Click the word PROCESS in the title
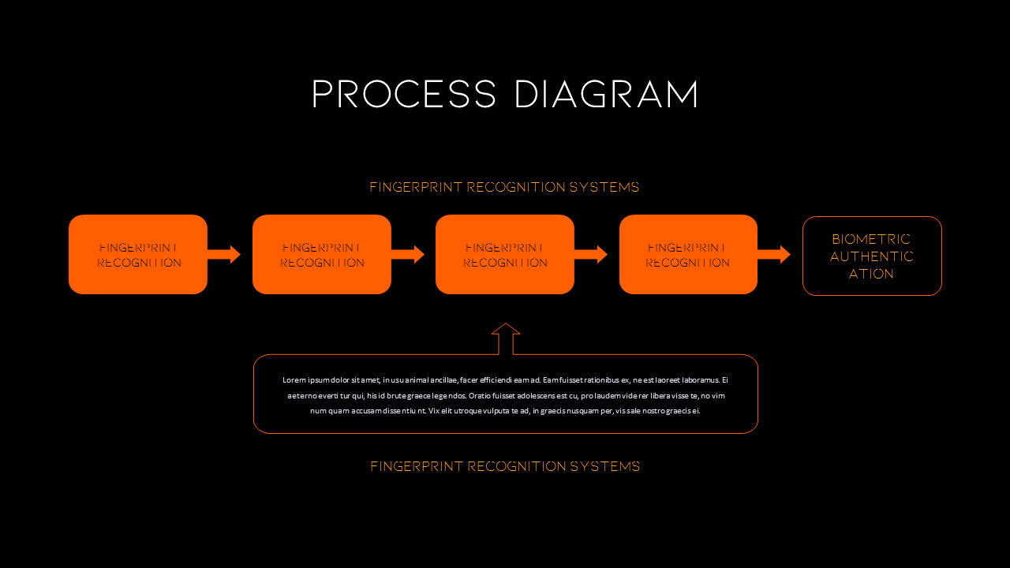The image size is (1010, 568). [403, 95]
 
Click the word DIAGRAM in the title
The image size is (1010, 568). [606, 95]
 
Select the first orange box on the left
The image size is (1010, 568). [138, 254]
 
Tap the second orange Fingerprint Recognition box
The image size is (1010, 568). [322, 254]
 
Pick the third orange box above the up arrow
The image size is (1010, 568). [505, 254]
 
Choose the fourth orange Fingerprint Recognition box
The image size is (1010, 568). [688, 254]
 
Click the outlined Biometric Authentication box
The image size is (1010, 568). [872, 256]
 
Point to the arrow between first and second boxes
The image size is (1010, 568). [225, 254]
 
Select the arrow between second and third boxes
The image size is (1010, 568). [409, 254]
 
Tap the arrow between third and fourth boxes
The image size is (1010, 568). [592, 254]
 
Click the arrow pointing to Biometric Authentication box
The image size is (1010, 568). [775, 254]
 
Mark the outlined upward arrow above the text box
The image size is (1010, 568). [506, 338]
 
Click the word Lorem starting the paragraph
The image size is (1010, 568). [293, 380]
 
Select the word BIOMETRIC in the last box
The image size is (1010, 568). [871, 239]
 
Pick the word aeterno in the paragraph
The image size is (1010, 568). [301, 395]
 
